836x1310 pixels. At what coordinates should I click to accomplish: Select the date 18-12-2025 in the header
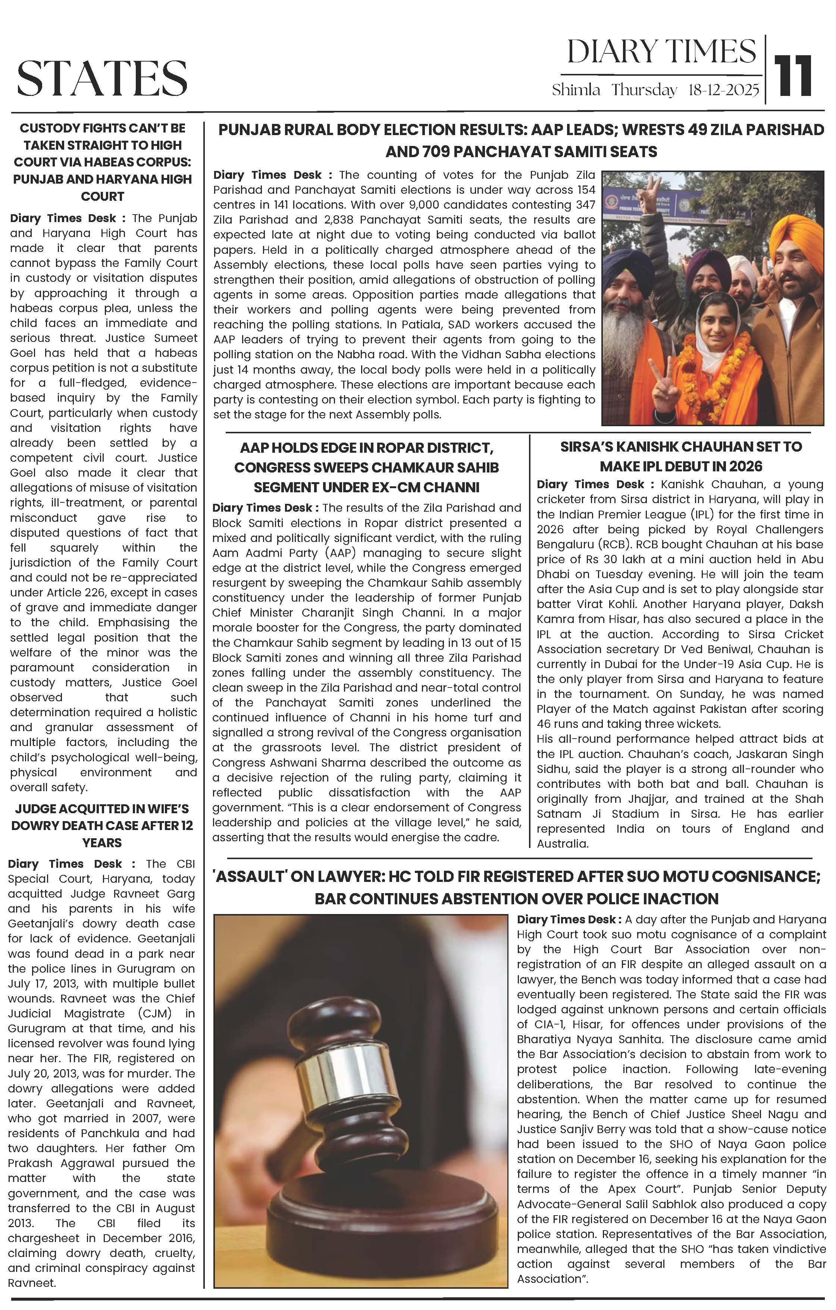coord(723,90)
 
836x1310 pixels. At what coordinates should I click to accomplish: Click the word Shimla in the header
coord(576,90)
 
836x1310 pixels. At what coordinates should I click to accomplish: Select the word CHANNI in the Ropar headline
coord(454,487)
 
